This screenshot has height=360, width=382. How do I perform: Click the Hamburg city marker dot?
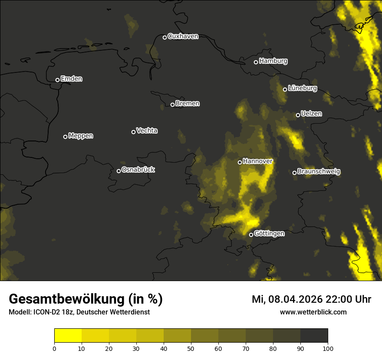256,62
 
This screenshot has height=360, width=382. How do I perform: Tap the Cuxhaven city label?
183,36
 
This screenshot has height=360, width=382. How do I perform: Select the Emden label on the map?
71,79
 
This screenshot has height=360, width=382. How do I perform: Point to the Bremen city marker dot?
172,105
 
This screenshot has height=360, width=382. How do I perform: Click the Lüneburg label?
302,88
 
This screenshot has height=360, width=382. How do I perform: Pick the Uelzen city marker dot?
298,115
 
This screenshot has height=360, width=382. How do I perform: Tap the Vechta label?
147,131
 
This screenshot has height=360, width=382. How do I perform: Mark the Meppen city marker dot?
65,137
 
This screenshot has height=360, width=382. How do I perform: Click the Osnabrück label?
138,170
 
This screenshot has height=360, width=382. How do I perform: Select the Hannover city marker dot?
240,162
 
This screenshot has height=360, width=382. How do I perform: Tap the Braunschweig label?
319,172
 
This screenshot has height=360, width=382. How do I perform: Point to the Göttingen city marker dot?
251,235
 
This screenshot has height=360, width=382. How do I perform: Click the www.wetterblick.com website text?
313,312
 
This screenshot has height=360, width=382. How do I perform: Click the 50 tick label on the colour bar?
191,348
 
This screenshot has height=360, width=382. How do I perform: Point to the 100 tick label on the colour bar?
328,348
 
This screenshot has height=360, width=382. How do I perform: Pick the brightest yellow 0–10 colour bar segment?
68,336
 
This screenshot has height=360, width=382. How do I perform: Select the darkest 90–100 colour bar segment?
314,336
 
